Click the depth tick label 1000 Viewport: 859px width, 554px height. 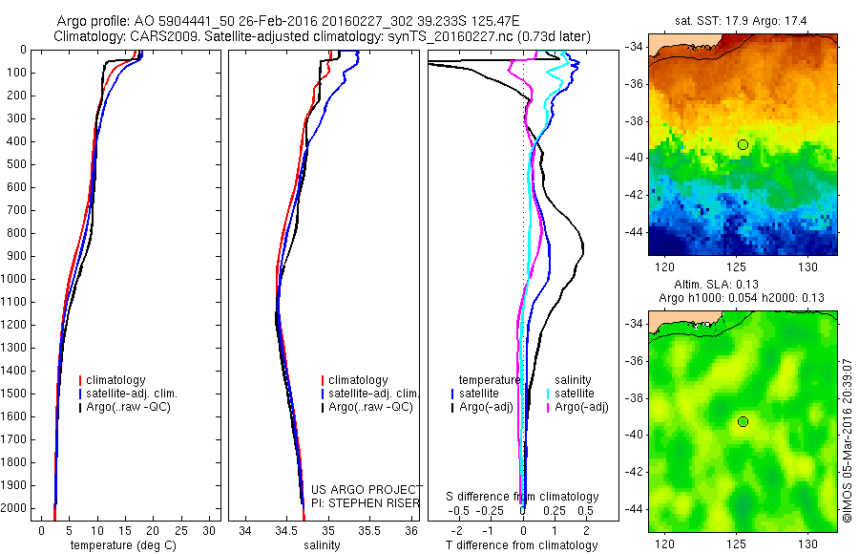tap(13, 279)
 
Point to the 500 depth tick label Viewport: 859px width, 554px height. tap(16, 164)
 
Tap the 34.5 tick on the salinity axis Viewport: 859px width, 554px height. tap(285, 530)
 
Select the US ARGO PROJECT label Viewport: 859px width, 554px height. tap(366, 488)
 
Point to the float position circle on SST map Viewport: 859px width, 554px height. tap(742, 144)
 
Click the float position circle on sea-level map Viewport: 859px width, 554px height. tap(742, 422)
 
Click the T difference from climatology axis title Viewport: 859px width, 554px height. tap(521, 545)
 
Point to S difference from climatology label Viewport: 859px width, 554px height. tap(523, 497)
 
